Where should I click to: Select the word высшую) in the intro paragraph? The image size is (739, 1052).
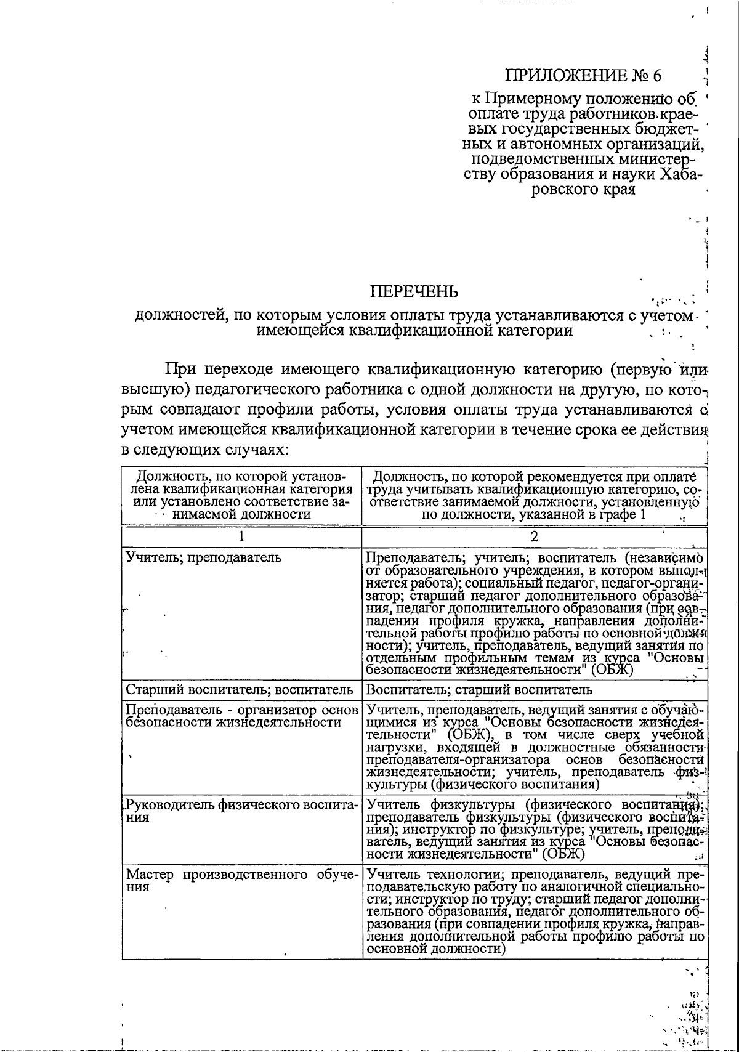pos(151,390)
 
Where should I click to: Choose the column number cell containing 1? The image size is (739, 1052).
pos(241,536)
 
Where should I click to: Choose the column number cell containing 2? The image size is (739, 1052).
pos(534,536)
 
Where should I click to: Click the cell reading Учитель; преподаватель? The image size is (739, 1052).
pos(204,558)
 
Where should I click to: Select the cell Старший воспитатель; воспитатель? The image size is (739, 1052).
pos(240,689)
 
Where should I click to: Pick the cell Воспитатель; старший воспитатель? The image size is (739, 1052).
pos(479,689)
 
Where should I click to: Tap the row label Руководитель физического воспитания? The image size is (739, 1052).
pos(241,811)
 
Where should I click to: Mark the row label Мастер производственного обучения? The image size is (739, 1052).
pos(241,881)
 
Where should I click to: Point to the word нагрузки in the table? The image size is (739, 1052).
pos(391,747)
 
